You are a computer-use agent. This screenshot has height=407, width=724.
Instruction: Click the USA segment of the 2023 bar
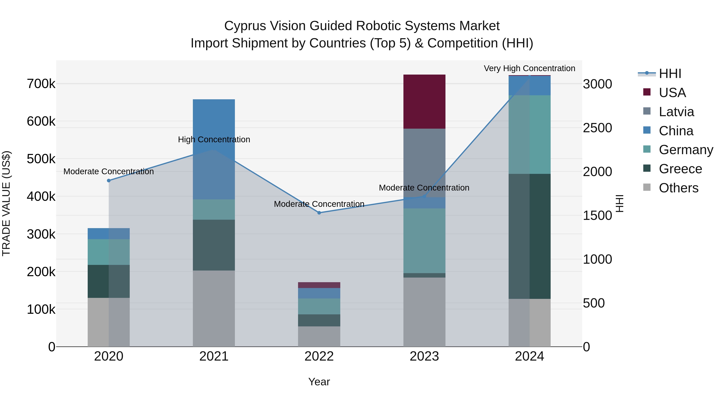pos(424,101)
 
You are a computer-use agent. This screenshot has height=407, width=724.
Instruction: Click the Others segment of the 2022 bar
pos(319,336)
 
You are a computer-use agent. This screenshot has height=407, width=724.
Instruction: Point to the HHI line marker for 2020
pos(109,181)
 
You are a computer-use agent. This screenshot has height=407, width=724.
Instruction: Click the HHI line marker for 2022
pos(319,213)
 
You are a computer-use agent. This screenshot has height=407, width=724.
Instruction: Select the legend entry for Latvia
pos(676,112)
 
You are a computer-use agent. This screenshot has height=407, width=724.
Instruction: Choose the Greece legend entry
pos(680,169)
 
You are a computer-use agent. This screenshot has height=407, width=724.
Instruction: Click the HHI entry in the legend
pos(670,74)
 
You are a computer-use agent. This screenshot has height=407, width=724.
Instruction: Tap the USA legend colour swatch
pos(647,92)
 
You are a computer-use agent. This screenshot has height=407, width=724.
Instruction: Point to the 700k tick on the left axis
pos(41,84)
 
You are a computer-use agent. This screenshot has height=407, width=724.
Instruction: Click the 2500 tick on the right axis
pos(597,128)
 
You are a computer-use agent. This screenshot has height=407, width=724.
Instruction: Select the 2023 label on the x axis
pos(424,356)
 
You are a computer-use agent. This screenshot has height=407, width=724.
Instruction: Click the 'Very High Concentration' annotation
pos(529,68)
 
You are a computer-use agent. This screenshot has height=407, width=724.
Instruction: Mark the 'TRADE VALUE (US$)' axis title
pos(6,203)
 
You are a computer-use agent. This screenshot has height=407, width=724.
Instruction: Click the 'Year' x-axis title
pos(319,382)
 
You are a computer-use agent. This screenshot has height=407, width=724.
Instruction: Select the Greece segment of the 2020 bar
pos(109,281)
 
